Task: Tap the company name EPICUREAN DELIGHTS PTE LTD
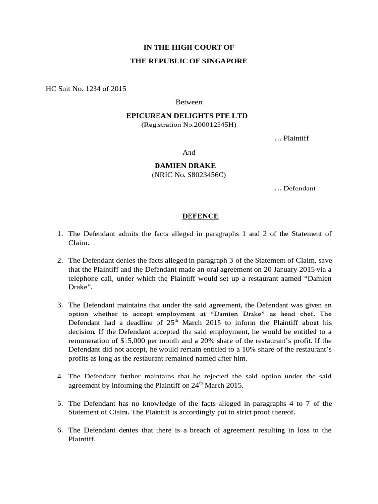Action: [x=187, y=116]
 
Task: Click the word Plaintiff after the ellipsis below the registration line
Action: [x=297, y=138]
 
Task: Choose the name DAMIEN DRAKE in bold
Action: [x=185, y=166]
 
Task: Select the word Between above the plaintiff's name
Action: [x=189, y=102]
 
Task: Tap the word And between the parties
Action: [x=189, y=153]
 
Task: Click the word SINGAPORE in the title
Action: [x=223, y=61]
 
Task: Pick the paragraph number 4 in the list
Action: [x=59, y=377]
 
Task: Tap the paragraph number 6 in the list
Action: [x=59, y=430]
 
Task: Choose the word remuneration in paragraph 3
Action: [x=88, y=340]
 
